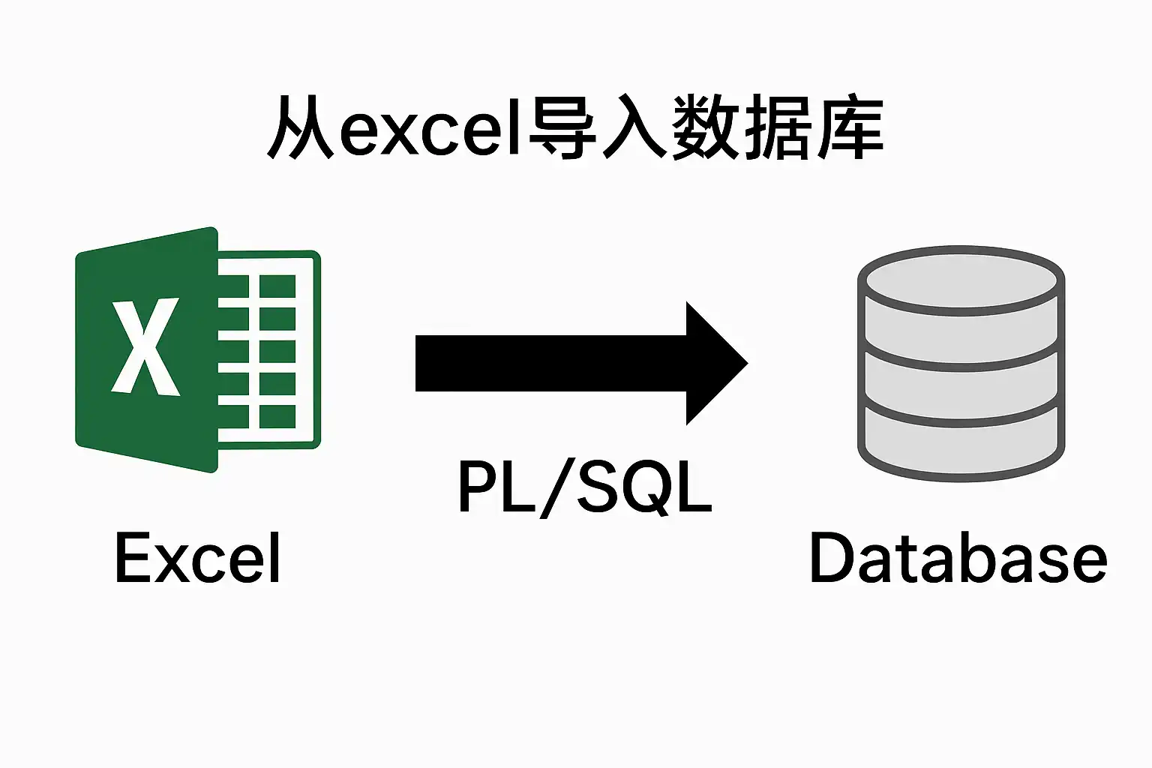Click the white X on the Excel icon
pos(145,346)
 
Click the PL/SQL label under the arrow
pos(585,487)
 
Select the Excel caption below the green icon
pos(197,557)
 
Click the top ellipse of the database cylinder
pos(961,280)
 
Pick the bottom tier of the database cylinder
pos(961,442)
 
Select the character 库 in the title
pos(850,127)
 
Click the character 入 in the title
pos(636,127)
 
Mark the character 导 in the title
pos(562,127)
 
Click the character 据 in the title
pos(778,127)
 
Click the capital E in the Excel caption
pos(130,557)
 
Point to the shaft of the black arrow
pos(551,363)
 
